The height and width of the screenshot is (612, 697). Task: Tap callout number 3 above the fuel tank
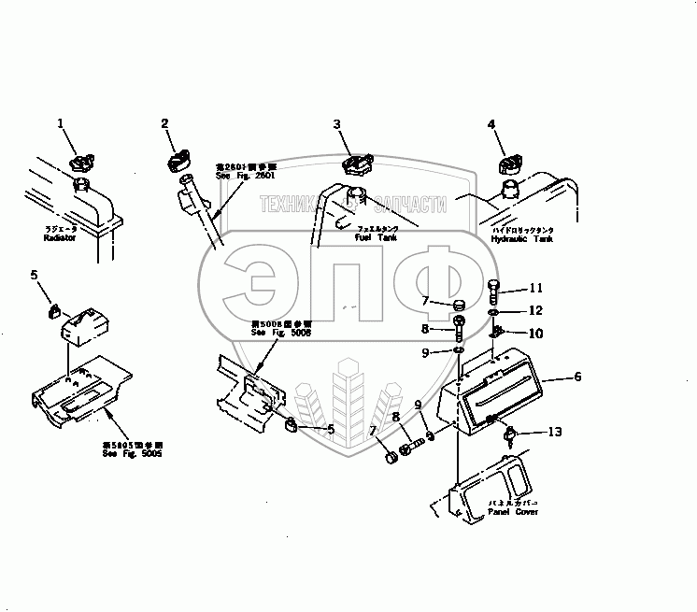coord(339,123)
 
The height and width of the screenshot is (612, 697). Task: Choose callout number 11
coord(535,288)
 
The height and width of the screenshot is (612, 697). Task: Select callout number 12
coord(535,309)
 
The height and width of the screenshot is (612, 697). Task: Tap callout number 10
coord(535,333)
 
